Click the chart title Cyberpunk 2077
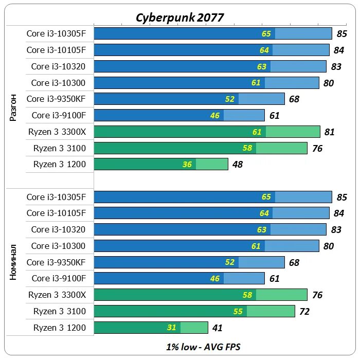[x=179, y=17]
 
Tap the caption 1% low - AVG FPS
[x=203, y=347]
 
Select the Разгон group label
[x=14, y=107]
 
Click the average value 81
[x=330, y=132]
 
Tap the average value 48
[x=237, y=165]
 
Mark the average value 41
[x=218, y=328]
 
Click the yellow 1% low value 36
[x=187, y=165]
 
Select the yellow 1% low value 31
[x=171, y=328]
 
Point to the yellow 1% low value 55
[x=238, y=311]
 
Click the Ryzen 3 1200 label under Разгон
[x=60, y=165]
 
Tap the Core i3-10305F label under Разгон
[x=56, y=34]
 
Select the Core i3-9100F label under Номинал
[x=59, y=278]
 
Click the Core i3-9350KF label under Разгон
[x=56, y=99]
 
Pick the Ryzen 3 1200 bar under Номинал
[x=151, y=328]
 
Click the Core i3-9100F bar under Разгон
[x=179, y=115]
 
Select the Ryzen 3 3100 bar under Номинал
[x=194, y=311]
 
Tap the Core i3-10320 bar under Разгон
[x=210, y=66]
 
